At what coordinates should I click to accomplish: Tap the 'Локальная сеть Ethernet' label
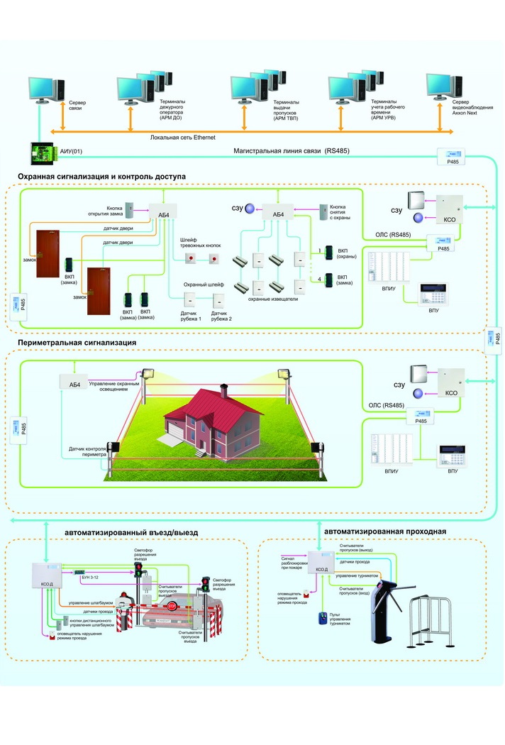183,138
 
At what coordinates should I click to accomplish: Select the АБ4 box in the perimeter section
74,384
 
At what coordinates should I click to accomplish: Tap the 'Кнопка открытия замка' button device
130,210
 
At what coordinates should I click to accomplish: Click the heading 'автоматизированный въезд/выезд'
131,531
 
